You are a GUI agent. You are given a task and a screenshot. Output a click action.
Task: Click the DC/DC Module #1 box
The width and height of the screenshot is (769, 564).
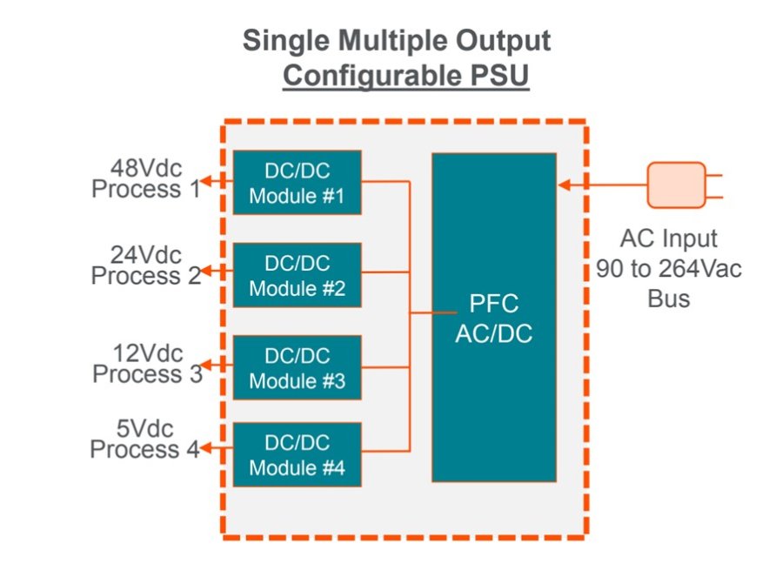coord(297,182)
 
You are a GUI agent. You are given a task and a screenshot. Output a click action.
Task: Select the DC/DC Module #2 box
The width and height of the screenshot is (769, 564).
coord(297,275)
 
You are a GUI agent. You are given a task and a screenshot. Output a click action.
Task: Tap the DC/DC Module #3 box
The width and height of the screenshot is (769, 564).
coord(297,367)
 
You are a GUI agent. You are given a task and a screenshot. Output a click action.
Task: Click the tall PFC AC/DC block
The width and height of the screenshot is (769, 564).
coord(493,317)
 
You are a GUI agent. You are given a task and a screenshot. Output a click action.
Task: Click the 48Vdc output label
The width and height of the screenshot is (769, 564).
coord(146,168)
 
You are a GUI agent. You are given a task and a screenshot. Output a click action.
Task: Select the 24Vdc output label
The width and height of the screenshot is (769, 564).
coord(146,255)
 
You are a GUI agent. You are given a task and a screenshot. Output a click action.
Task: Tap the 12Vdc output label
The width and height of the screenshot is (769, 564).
coord(148,353)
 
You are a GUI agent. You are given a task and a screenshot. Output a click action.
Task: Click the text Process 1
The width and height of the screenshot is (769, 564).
coord(145,189)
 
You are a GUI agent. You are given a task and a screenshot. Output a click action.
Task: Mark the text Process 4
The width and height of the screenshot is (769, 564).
coord(144,450)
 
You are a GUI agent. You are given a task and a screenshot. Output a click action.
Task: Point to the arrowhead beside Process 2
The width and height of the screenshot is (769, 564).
coord(209,275)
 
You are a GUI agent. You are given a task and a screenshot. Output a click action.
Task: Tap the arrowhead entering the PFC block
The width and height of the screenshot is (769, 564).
coord(564,185)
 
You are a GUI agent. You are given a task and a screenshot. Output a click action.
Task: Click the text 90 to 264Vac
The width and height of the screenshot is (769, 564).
coord(669,269)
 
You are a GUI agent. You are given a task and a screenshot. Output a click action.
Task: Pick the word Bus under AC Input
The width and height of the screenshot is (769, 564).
coord(668,299)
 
